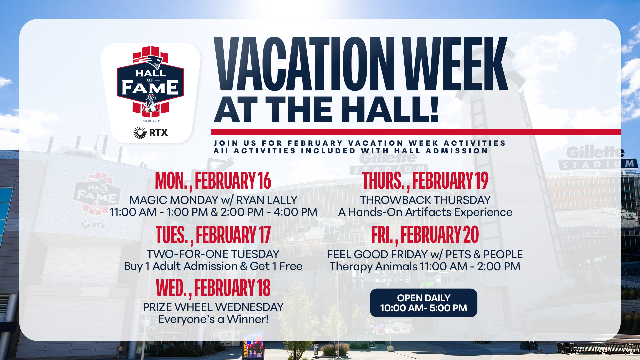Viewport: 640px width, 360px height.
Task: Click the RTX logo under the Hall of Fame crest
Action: point(150,132)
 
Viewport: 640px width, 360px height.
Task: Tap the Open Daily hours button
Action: point(423,303)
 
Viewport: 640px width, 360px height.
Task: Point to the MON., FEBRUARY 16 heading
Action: point(213,181)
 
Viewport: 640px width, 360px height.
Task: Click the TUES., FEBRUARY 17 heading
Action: point(213,235)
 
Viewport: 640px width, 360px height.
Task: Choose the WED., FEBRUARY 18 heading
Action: point(213,288)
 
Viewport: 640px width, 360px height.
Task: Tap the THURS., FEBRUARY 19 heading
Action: point(425,181)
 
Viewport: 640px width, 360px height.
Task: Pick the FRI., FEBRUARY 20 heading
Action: point(425,234)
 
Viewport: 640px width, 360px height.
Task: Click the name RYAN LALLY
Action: point(267,200)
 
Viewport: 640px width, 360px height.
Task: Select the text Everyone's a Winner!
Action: point(213,319)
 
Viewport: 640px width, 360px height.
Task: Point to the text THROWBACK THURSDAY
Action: point(425,200)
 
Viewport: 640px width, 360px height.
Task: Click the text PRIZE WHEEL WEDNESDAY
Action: point(213,307)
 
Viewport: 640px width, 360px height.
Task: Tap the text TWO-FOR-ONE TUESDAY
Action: point(213,254)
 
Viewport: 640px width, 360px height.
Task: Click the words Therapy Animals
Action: point(373,267)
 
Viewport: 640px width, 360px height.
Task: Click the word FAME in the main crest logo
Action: point(150,87)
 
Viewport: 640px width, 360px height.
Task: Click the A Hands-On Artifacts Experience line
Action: point(425,212)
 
